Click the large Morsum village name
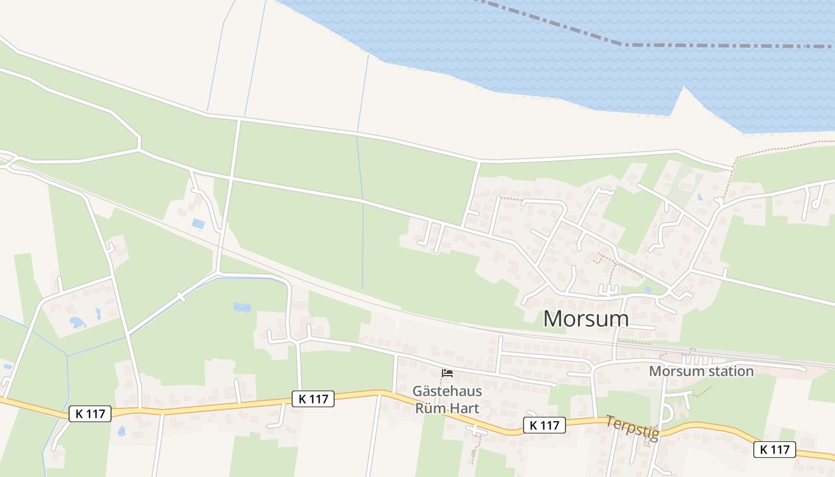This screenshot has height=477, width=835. click(586, 319)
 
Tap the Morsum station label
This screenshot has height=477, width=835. click(701, 371)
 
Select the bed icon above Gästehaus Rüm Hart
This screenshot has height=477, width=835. click(447, 374)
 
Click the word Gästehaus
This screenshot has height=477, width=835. click(447, 392)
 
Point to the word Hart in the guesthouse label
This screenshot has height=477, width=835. click(464, 408)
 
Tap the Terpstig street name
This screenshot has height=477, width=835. click(632, 428)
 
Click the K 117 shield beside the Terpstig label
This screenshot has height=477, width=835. click(544, 425)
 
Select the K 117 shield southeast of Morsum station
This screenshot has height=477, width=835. click(774, 450)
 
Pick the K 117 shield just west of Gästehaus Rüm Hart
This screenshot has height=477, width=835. click(313, 399)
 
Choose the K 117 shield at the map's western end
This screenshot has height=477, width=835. click(90, 413)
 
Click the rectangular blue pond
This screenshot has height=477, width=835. click(198, 224)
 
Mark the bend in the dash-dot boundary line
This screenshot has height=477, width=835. click(624, 44)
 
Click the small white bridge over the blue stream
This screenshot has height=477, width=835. click(181, 296)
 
